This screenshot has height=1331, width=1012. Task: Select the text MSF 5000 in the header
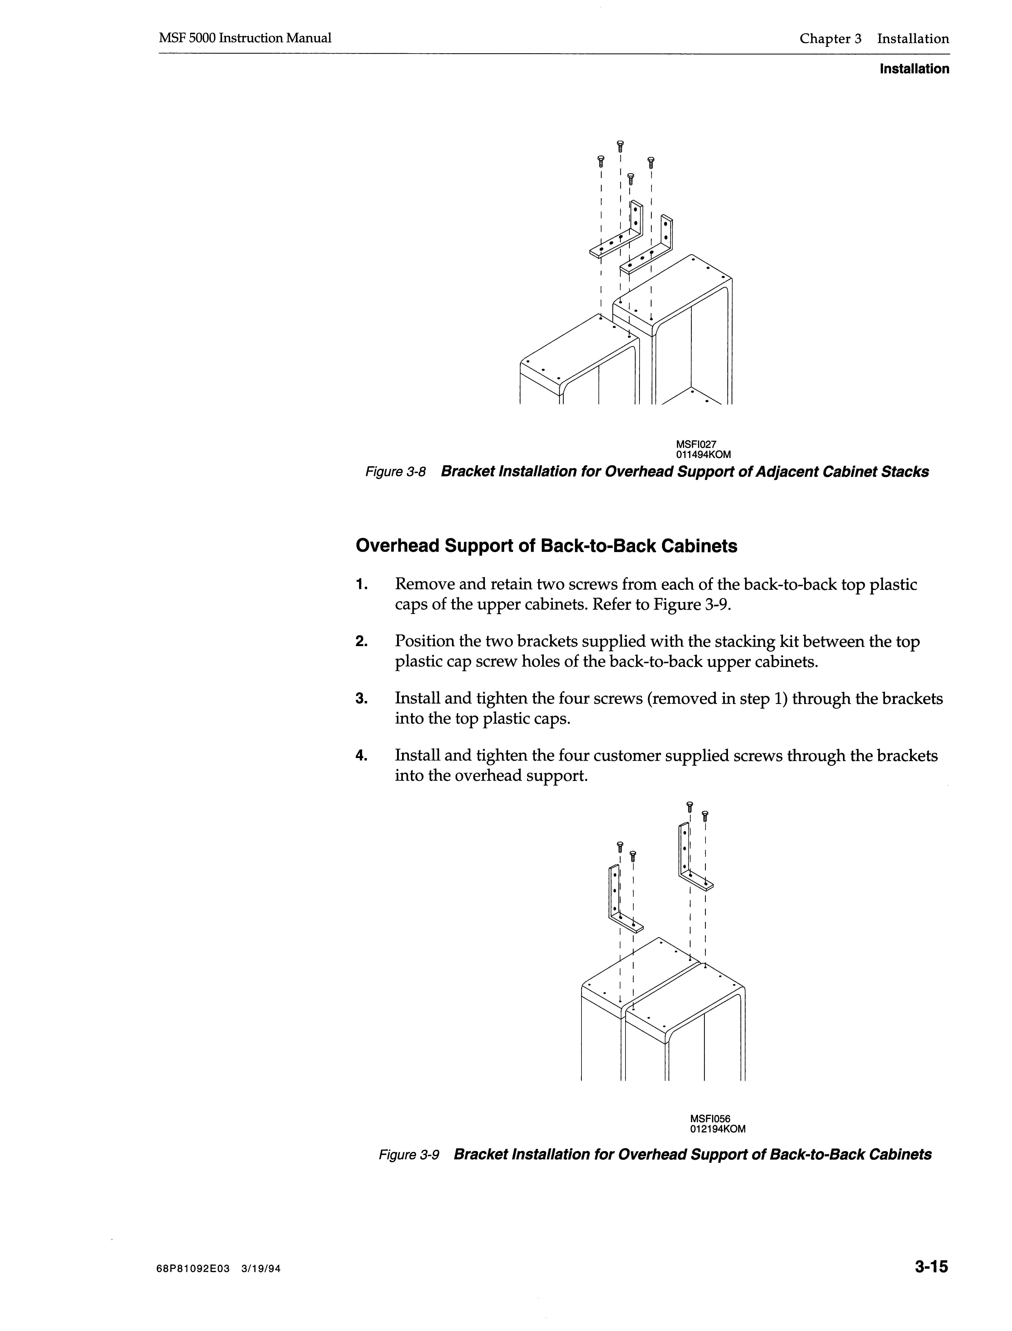coord(187,39)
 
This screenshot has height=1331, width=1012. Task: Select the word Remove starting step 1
coord(423,585)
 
